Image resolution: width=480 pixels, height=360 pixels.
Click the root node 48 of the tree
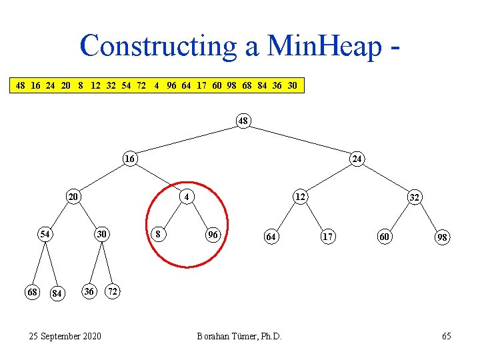(x=243, y=121)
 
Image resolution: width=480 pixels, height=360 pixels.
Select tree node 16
(x=131, y=159)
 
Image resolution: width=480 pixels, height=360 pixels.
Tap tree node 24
(x=357, y=159)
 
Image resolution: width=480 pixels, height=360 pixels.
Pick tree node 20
(x=73, y=197)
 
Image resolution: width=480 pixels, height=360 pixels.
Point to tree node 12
(x=301, y=197)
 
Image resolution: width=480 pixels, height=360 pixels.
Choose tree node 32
(x=414, y=197)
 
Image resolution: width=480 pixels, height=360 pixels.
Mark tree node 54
(x=45, y=234)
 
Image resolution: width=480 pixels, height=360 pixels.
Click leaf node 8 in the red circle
(x=157, y=234)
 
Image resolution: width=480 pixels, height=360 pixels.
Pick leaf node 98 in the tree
(x=442, y=237)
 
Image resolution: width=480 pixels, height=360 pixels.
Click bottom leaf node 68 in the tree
(x=31, y=292)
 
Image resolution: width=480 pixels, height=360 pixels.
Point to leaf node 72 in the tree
(x=115, y=292)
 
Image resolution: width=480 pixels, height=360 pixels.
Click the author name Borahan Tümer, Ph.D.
(x=239, y=336)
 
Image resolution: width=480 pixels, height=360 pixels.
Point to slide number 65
(x=446, y=336)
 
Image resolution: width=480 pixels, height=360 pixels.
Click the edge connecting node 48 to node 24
(x=300, y=140)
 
